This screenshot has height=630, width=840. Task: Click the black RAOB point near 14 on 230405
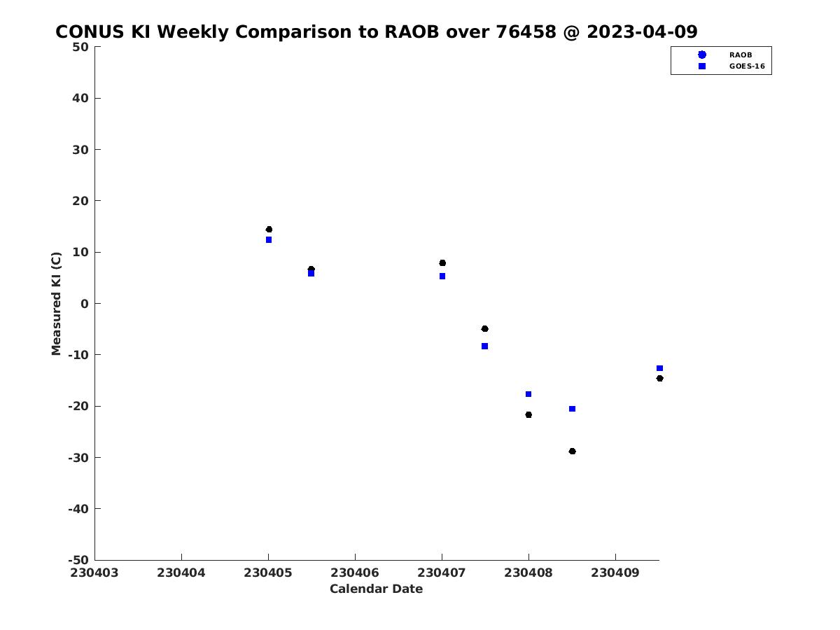coord(269,230)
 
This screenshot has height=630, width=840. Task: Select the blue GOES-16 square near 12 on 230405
coord(269,240)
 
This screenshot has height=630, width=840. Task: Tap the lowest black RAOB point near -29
coord(572,451)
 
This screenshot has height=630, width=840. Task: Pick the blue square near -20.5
coord(572,409)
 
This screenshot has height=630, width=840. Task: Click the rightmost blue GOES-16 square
coord(660,368)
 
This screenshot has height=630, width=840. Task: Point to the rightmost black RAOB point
coord(660,379)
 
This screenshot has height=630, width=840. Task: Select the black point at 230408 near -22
coord(528,415)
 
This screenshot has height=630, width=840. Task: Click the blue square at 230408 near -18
coord(528,394)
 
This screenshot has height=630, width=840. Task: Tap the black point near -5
coord(484,329)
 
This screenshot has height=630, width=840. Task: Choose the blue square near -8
coord(484,346)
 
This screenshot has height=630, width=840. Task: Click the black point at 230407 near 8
coord(442,263)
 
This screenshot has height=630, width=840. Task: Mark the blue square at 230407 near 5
coord(442,276)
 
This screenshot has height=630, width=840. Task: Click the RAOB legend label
coord(741,55)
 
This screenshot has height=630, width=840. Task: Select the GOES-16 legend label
coord(747,66)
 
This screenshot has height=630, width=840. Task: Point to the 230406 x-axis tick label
coord(355,573)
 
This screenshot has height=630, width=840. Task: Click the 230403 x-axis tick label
coord(94,573)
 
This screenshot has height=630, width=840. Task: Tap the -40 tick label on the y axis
coord(78,509)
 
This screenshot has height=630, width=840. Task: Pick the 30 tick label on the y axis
coord(80,150)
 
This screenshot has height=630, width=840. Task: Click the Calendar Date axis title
coord(376,589)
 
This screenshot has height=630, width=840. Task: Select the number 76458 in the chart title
coord(526,31)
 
